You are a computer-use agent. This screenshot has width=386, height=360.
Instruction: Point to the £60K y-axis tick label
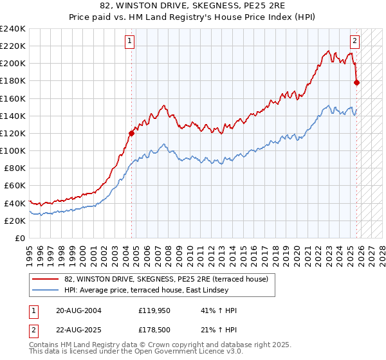point(15,186)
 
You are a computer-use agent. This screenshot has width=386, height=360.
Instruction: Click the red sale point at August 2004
point(132,134)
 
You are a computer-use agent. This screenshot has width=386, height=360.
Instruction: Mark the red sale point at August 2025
point(357,82)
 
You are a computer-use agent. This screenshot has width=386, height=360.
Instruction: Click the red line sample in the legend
point(46,279)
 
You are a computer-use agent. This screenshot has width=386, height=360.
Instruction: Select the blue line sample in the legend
point(46,290)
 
